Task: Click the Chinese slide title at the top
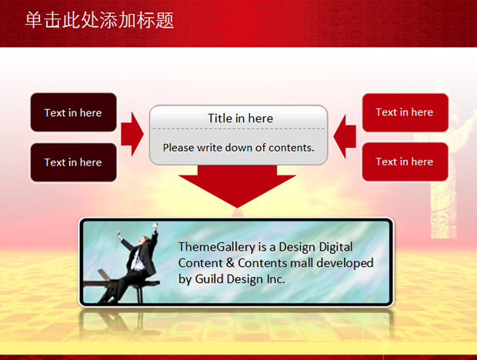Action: (99, 20)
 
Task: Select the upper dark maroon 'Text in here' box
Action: (73, 112)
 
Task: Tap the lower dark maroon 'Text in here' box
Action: (73, 162)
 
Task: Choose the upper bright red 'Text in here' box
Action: (405, 112)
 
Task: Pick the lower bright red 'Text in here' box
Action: (405, 162)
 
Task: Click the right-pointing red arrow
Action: (132, 134)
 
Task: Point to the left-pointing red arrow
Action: (345, 136)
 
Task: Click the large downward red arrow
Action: (237, 186)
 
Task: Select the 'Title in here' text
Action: (240, 118)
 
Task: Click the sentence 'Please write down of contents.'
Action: (239, 148)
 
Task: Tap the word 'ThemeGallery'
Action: (217, 247)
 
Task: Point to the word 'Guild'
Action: (209, 278)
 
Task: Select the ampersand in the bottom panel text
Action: (230, 263)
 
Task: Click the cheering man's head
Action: (143, 241)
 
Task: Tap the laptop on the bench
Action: (105, 275)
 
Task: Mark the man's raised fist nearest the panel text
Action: (155, 226)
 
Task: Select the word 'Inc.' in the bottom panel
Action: (276, 278)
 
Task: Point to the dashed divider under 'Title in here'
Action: (239, 129)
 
